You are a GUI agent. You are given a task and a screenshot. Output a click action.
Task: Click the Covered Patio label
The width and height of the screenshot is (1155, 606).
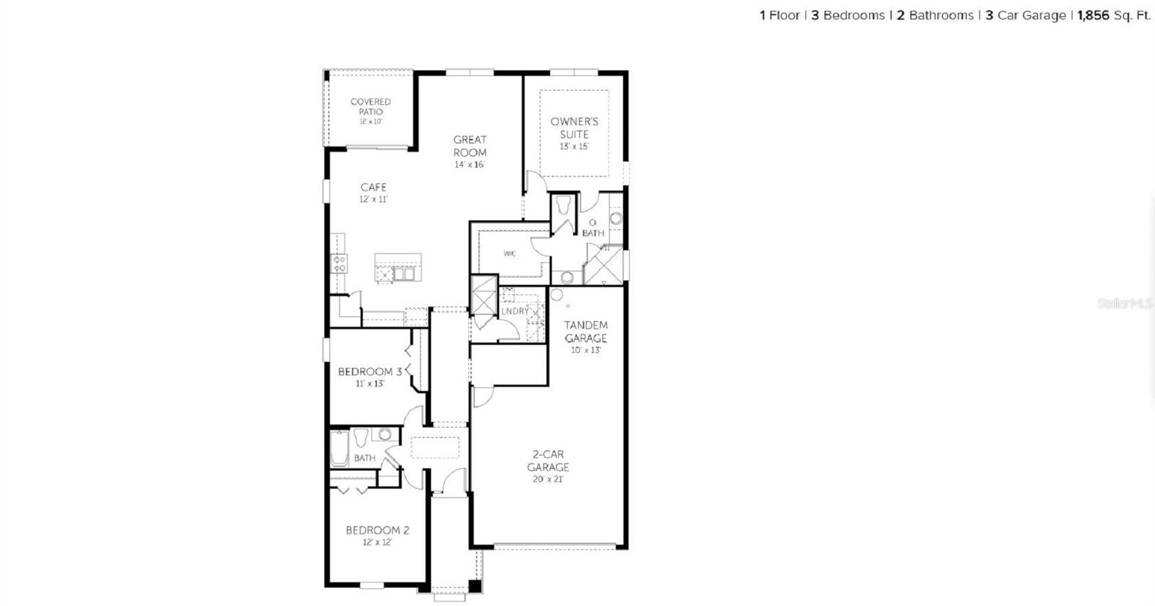[x=370, y=107]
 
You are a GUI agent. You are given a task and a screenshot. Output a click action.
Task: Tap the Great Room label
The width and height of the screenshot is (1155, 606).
[x=470, y=146]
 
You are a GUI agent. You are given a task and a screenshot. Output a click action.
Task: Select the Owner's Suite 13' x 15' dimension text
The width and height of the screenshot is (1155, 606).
[x=574, y=146]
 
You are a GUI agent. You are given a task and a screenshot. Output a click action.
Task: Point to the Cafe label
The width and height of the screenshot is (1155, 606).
[x=373, y=187]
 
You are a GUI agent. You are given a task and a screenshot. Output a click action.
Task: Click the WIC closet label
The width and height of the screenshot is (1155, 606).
[x=510, y=254]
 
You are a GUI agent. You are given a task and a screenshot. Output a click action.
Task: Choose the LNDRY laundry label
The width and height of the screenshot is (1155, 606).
[x=515, y=311]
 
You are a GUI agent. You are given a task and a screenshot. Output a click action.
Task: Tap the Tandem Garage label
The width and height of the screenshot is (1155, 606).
[x=585, y=331]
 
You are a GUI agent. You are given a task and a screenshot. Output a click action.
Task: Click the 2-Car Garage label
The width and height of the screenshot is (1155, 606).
[x=548, y=460]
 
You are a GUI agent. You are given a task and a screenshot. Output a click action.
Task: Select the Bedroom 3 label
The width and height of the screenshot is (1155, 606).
[x=370, y=372]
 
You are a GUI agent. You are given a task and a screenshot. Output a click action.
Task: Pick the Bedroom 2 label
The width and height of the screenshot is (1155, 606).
[x=377, y=530]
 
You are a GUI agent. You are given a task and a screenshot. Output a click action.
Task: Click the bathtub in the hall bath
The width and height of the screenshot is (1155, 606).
[x=339, y=448]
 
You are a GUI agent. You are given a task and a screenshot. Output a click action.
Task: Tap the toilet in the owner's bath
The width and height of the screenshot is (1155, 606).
[x=565, y=206]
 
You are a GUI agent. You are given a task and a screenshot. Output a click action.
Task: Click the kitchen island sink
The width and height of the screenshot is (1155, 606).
[x=403, y=273]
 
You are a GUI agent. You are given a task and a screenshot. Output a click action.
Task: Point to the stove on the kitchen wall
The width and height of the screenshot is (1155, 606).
[x=339, y=263]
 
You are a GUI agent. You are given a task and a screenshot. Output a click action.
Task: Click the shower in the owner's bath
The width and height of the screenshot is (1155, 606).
[x=603, y=264]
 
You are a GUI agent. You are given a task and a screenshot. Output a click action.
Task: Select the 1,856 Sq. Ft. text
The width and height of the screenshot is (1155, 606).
[x=1113, y=15]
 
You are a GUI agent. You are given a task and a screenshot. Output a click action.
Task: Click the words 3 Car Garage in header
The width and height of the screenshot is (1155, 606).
[x=1025, y=15]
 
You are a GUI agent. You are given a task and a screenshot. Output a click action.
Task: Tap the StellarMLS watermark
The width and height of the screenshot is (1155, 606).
[x=1124, y=304]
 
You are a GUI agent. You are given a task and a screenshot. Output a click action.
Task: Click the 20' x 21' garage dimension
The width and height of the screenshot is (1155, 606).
[x=547, y=479]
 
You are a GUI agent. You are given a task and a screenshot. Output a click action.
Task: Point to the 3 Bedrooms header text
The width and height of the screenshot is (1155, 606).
[x=847, y=15]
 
